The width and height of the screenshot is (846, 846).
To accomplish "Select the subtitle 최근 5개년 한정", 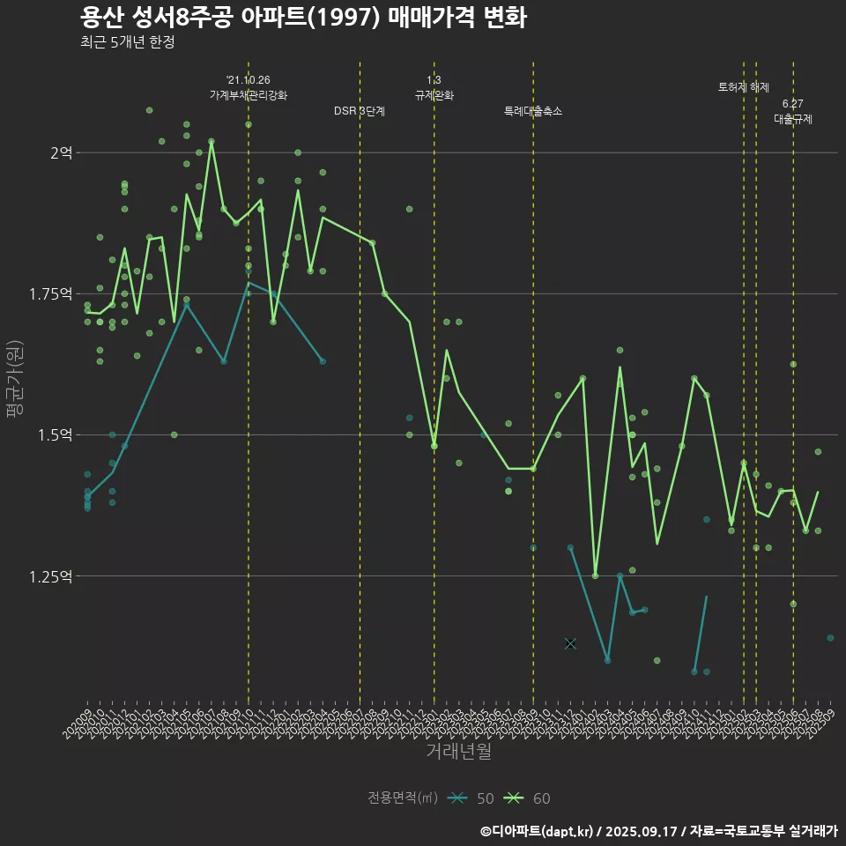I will [127, 42].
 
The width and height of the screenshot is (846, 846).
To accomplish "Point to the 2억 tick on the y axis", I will [62, 152].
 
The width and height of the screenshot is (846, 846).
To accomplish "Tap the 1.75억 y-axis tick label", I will [51, 293].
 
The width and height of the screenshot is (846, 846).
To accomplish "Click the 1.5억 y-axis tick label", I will [55, 435].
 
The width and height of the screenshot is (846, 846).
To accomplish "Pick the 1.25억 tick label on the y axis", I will [51, 576].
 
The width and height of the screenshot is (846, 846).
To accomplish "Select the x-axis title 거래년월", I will [458, 751].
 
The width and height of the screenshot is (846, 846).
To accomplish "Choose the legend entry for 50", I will [471, 798].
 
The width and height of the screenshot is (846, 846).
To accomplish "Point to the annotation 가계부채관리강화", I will [249, 95].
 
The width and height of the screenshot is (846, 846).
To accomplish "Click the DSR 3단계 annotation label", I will [360, 112].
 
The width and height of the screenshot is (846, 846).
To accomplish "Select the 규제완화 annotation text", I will [434, 95].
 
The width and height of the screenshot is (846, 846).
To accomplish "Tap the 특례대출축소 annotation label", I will [533, 112].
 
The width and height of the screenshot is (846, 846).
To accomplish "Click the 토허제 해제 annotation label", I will [744, 88].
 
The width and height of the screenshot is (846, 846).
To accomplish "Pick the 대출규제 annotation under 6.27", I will [793, 119].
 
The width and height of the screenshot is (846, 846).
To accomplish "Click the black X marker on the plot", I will [570, 643].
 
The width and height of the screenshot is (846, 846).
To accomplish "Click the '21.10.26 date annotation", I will [249, 80].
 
